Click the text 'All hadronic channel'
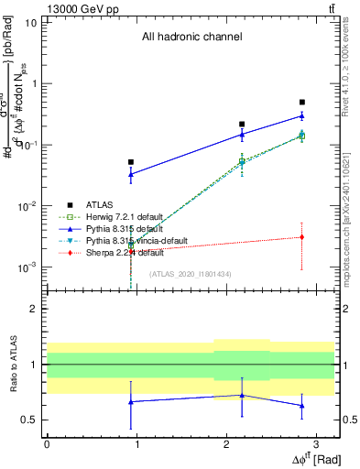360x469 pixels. pos(191,38)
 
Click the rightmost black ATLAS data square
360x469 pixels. pos(302,103)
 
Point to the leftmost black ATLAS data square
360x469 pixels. pos(131,162)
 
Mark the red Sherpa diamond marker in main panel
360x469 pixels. pos(302,237)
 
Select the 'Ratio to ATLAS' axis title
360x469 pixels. pos(12,364)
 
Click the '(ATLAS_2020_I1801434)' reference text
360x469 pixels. pos(191,274)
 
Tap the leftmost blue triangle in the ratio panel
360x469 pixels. pos(131,401)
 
